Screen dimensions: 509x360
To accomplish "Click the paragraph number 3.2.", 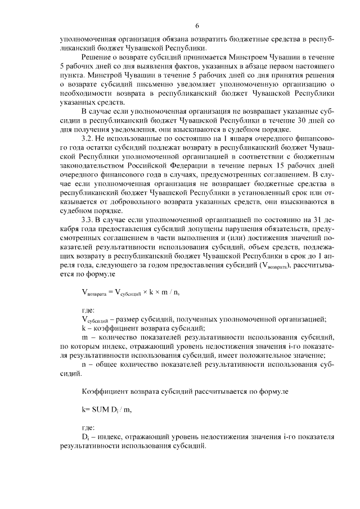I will [x=88, y=138].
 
